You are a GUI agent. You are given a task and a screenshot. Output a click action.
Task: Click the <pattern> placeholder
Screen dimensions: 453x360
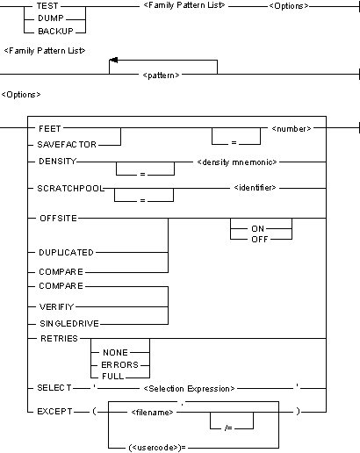click(x=162, y=75)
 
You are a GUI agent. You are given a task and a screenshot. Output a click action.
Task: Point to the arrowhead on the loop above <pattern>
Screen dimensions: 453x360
click(x=111, y=61)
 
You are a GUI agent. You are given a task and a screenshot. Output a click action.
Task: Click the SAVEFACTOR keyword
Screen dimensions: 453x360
click(x=67, y=142)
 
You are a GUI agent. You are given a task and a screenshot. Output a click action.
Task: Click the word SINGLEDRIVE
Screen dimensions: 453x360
click(x=68, y=324)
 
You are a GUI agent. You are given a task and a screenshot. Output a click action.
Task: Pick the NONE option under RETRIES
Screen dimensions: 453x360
click(x=115, y=351)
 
